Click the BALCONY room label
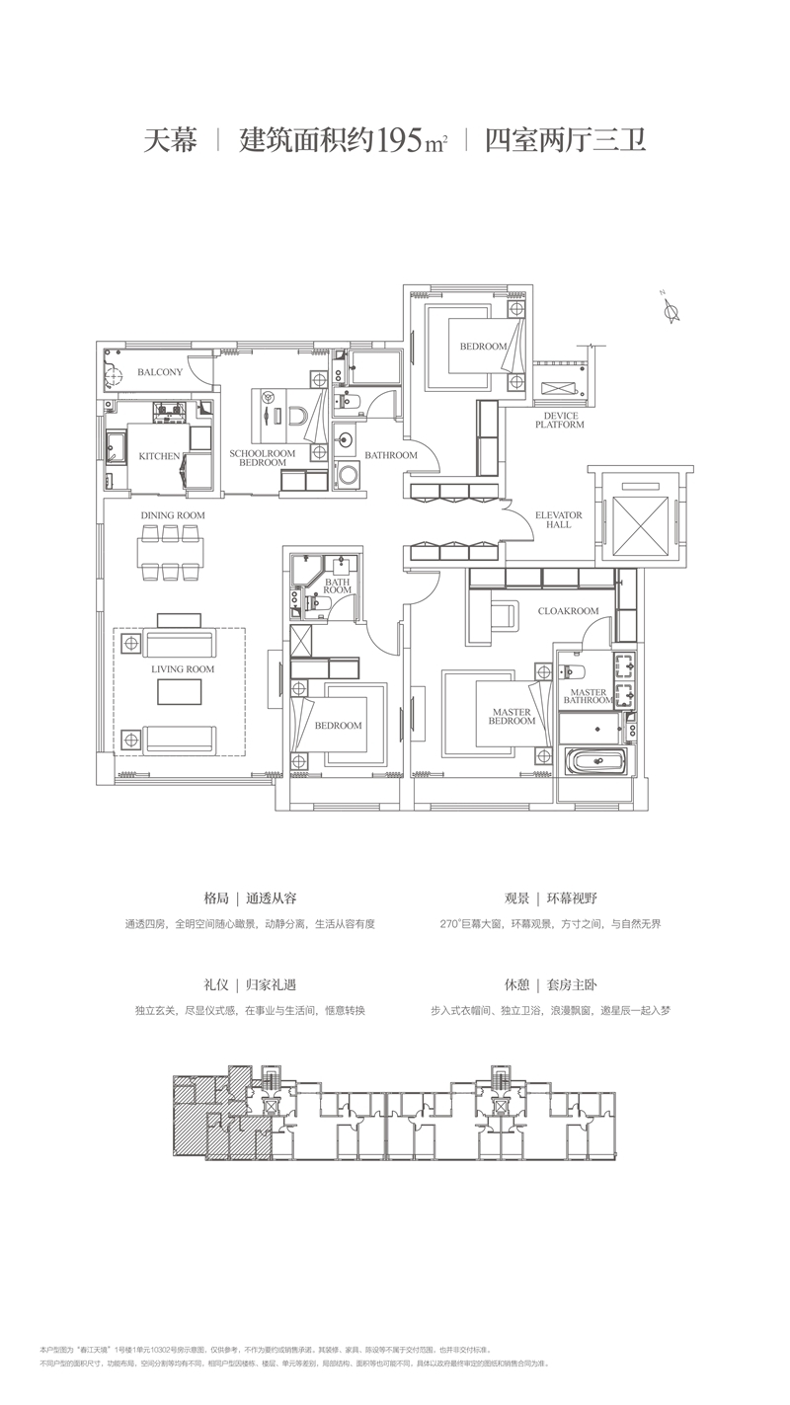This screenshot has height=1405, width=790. point(160,372)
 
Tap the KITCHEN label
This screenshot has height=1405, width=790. point(159,456)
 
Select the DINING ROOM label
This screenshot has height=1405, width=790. point(172,515)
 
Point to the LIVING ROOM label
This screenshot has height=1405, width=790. point(183,669)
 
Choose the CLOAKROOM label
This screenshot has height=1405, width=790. point(568,611)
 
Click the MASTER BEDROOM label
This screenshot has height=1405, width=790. point(512,717)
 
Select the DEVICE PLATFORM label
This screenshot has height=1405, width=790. point(560,421)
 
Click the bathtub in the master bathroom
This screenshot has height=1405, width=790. point(594,763)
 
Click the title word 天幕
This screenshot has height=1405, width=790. point(171,140)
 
